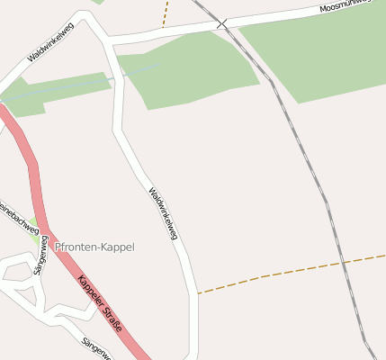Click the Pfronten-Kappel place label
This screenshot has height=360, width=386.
coord(94,247)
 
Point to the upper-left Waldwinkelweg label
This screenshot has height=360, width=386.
coord(51,41)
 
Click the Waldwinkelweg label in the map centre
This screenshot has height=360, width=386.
coord(163,213)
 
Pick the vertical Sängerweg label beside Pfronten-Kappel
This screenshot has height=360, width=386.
coord(39,256)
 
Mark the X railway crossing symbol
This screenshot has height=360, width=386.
coord(221,22)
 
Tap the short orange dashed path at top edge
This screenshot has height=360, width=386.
coord(166,13)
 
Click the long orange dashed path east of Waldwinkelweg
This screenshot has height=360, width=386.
coord(297,270)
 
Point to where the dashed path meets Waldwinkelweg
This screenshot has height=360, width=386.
coord(196,293)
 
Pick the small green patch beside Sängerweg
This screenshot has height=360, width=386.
coord(34,230)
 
